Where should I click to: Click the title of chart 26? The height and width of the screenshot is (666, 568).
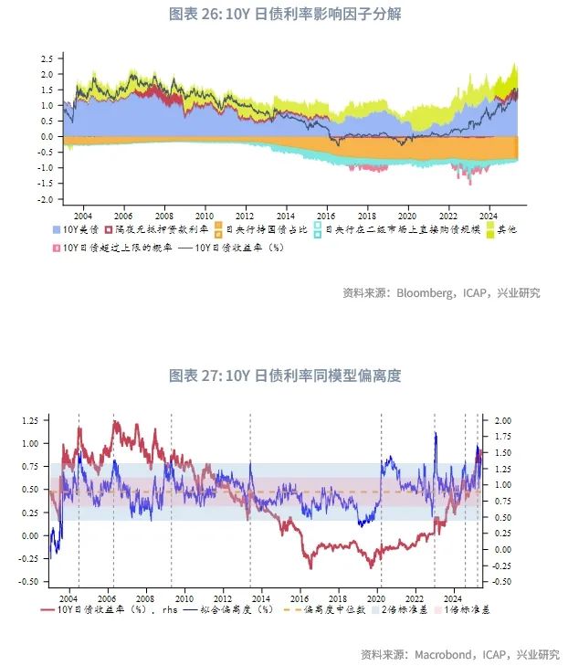[x=285, y=15]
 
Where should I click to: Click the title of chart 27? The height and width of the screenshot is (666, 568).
[x=285, y=375]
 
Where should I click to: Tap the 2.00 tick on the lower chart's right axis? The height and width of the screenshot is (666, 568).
[x=502, y=420]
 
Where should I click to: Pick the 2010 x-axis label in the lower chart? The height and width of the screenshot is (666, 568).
[x=183, y=594]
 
